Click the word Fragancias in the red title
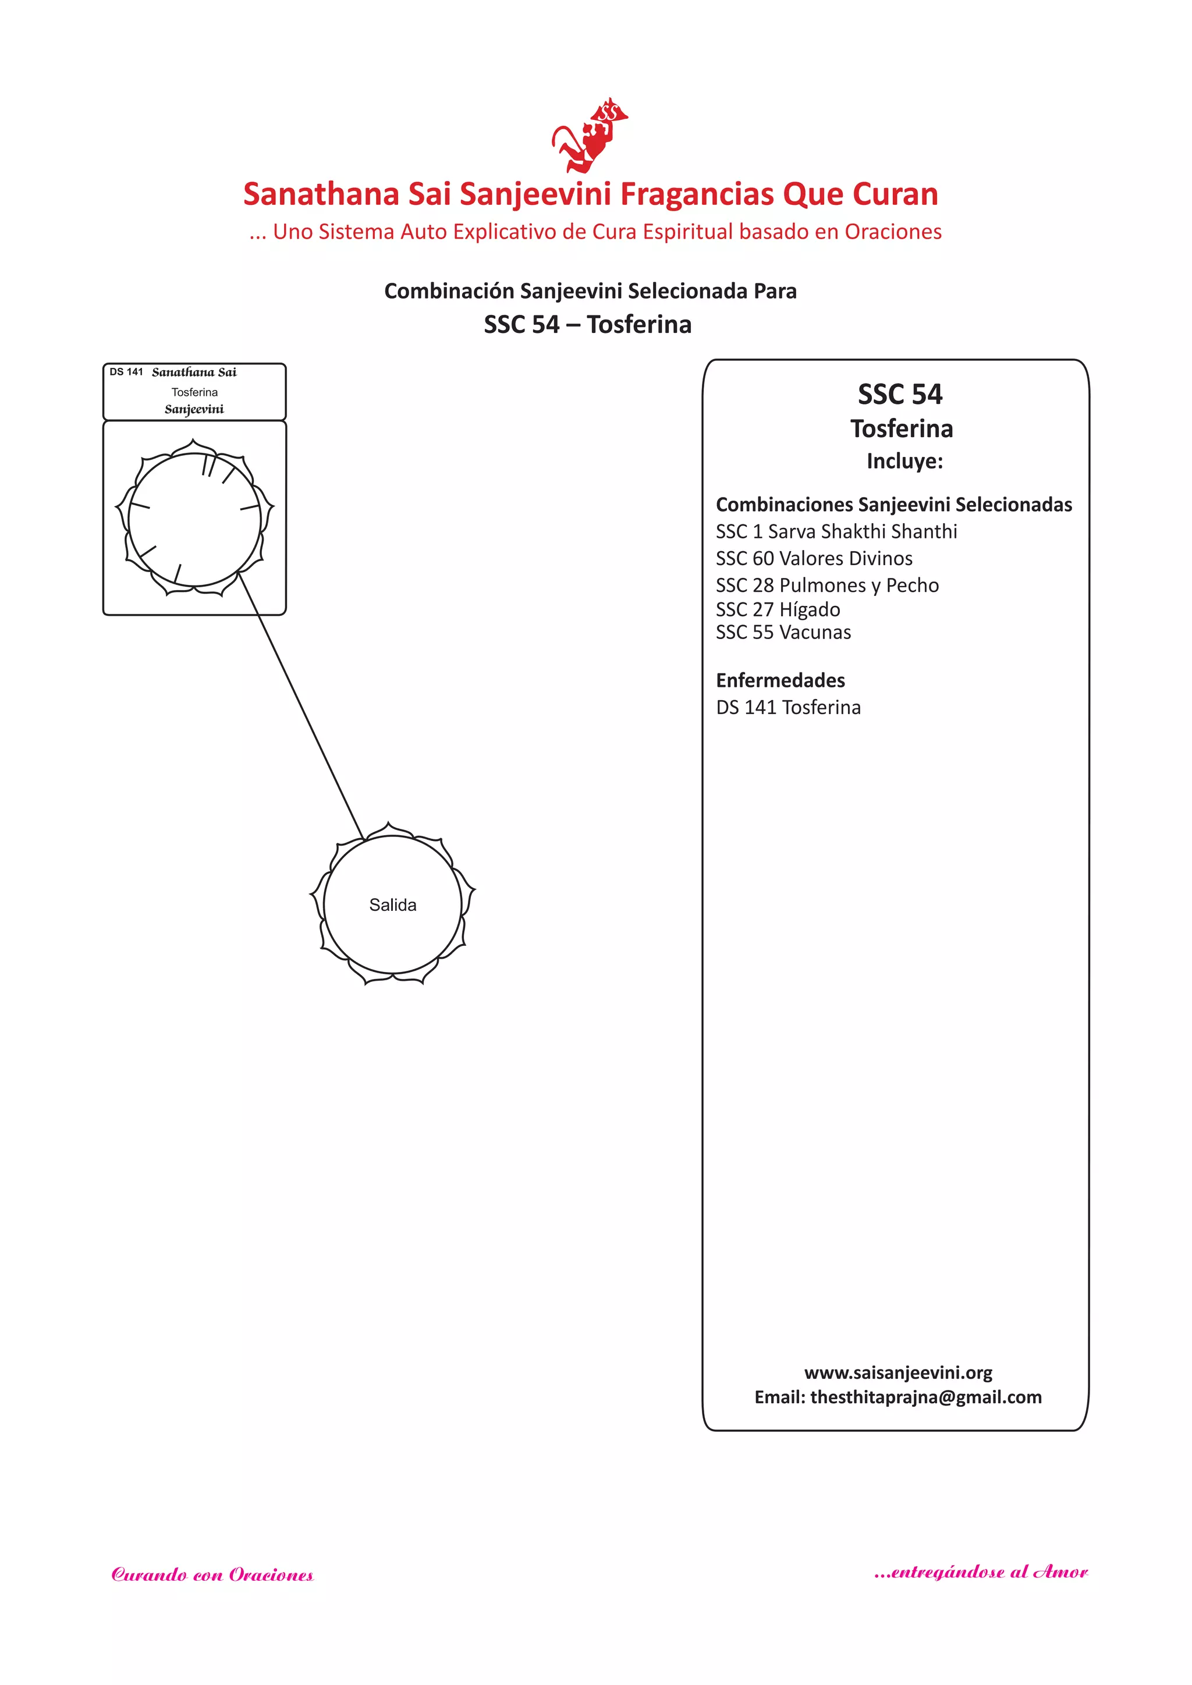coord(694,194)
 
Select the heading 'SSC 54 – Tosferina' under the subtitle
coord(587,324)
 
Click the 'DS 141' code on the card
coord(126,372)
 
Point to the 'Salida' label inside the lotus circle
coord(393,905)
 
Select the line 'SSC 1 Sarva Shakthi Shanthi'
coord(836,531)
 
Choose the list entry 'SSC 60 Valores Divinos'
coord(814,559)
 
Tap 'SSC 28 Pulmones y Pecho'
coord(827,586)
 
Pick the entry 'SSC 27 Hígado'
coord(778,609)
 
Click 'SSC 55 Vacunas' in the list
coord(783,633)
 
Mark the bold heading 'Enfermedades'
coord(781,680)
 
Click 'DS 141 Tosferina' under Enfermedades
coord(788,707)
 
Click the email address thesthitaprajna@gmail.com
coord(925,1397)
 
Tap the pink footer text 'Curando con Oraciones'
coord(212,1575)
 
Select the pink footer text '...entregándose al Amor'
coord(981,1572)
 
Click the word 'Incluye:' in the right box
coord(904,461)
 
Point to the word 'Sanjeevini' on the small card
coord(194,410)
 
